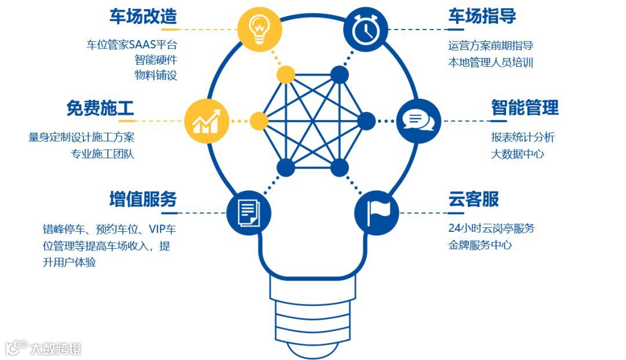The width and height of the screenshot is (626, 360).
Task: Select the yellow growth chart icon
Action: tap(206, 121)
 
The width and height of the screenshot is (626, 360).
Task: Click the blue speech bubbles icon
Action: tap(418, 121)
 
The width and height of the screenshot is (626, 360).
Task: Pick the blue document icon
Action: tap(248, 212)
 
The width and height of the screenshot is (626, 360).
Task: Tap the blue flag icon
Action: tap(376, 212)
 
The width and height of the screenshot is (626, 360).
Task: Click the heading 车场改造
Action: tap(143, 17)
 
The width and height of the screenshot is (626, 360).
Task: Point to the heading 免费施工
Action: tap(100, 108)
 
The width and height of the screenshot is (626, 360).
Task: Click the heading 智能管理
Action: tap(525, 108)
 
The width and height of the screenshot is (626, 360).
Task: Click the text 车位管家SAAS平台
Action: tap(132, 45)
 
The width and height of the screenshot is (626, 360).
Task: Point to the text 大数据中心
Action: tap(518, 154)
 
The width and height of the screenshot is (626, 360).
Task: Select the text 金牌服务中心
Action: tap(480, 245)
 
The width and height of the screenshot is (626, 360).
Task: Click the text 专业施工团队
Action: tap(103, 154)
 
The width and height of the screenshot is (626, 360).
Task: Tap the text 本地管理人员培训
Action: tap(490, 62)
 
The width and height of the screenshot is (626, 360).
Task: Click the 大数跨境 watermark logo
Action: tap(43, 348)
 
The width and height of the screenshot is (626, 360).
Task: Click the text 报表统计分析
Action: tap(523, 138)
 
